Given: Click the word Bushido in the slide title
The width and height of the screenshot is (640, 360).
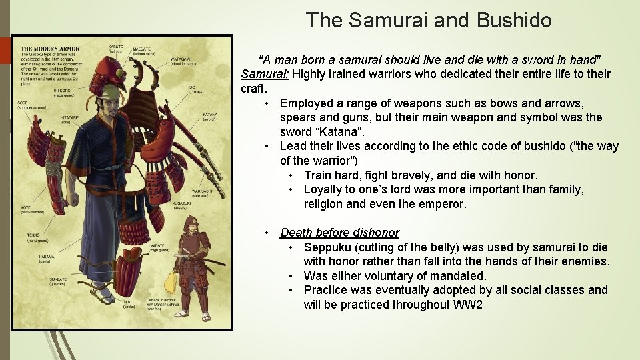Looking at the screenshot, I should click(x=514, y=20).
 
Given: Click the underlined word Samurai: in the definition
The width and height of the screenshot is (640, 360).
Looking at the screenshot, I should click(x=265, y=74).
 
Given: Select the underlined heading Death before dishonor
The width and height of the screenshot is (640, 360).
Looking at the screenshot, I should click(x=339, y=233).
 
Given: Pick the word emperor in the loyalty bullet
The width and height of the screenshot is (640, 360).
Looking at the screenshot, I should click(x=445, y=204).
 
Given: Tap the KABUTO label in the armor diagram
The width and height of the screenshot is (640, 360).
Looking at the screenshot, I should click(x=116, y=47).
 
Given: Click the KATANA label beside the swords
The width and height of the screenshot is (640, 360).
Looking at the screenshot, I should click(x=209, y=115).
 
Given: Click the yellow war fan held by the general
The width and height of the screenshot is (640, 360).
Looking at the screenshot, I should click(x=171, y=283).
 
